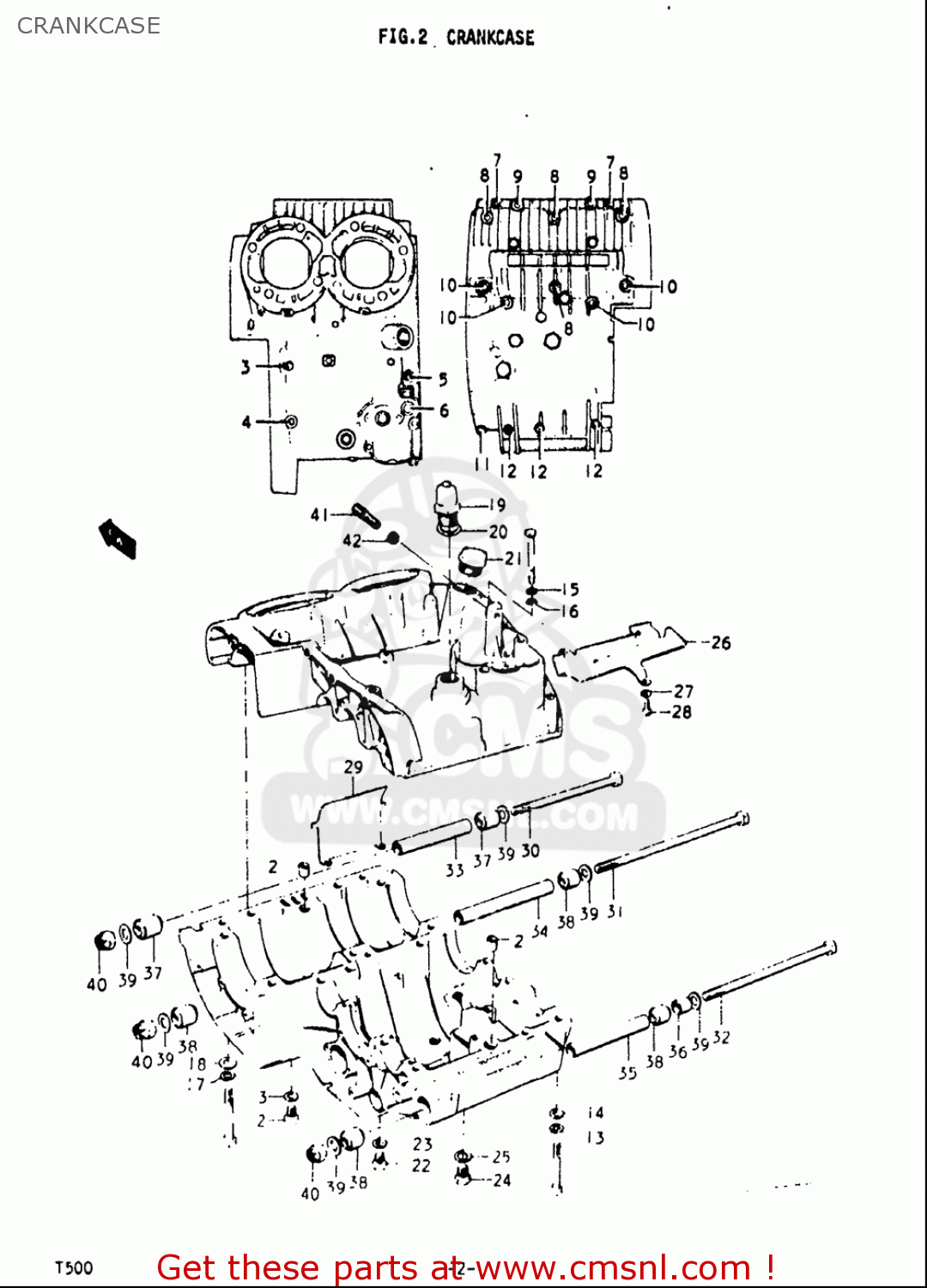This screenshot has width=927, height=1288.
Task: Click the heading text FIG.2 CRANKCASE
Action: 456,37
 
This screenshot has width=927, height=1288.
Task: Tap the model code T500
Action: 74,1267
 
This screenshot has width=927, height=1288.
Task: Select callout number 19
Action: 497,505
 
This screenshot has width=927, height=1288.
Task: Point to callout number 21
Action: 513,558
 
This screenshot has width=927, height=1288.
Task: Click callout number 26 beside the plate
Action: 720,642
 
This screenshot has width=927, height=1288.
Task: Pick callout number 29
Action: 353,767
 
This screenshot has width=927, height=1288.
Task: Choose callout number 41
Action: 319,514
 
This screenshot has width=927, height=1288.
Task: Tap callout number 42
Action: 352,540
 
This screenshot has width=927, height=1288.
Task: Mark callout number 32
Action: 721,1037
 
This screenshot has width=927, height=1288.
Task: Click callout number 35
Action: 627,1072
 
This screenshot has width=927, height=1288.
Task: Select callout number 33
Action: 454,870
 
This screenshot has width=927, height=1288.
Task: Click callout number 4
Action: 246,422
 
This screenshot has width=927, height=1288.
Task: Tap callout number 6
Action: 444,410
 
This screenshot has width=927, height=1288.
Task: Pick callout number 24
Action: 502,1181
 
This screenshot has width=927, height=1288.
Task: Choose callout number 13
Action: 596,1138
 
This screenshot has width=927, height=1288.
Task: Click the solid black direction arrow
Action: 118,538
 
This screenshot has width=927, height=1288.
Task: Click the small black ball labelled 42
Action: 393,538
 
